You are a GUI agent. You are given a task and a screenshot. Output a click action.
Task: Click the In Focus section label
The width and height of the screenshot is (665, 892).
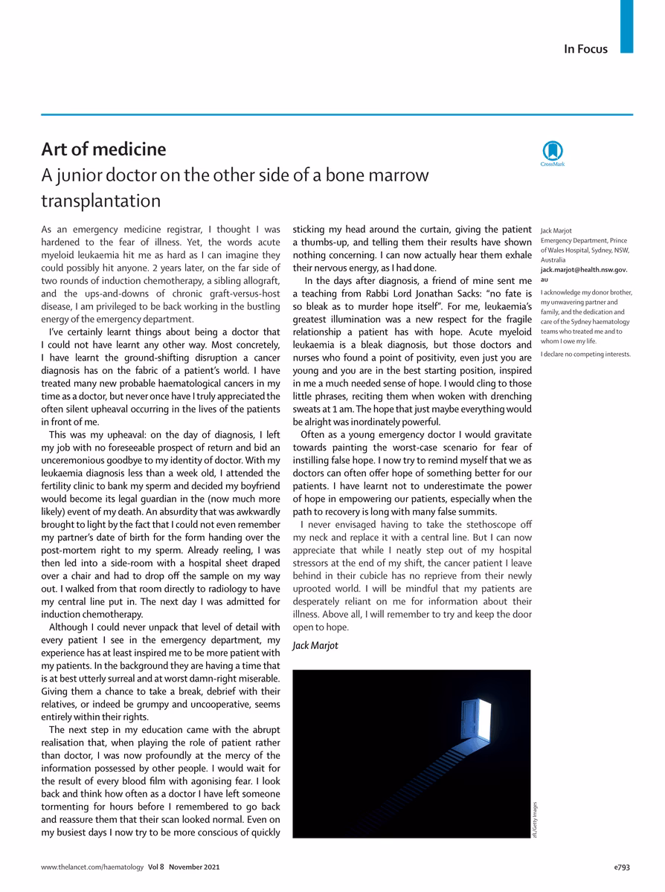pyautogui.click(x=585, y=50)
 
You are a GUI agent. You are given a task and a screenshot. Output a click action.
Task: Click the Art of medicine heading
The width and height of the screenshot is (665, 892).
pyautogui.click(x=103, y=149)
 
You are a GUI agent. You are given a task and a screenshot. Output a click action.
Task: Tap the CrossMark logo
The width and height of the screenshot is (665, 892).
pyautogui.click(x=553, y=152)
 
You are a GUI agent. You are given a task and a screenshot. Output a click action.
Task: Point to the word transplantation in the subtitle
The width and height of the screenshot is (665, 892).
pyautogui.click(x=100, y=201)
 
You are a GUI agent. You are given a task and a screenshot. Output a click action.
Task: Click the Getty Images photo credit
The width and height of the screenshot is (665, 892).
pyautogui.click(x=535, y=819)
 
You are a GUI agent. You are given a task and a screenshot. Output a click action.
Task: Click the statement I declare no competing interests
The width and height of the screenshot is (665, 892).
pyautogui.click(x=585, y=353)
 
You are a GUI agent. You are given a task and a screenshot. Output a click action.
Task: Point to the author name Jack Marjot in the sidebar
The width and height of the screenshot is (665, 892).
pyautogui.click(x=557, y=231)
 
